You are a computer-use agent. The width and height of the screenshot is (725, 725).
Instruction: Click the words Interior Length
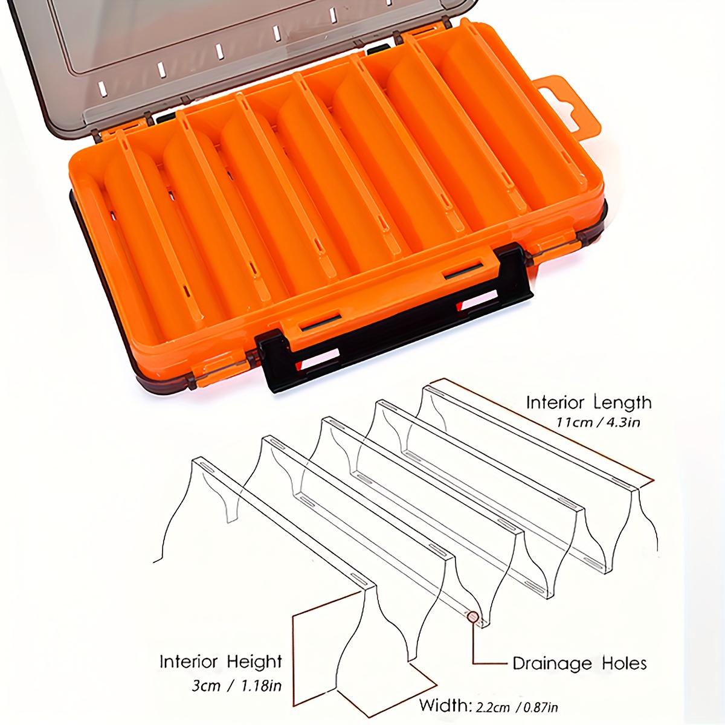coord(588,402)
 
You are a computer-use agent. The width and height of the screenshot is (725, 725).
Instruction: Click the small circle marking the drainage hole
coord(473,617)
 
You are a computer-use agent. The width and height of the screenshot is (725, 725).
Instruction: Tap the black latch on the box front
coord(396,323)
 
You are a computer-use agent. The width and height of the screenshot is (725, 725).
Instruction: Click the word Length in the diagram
coord(622,402)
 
